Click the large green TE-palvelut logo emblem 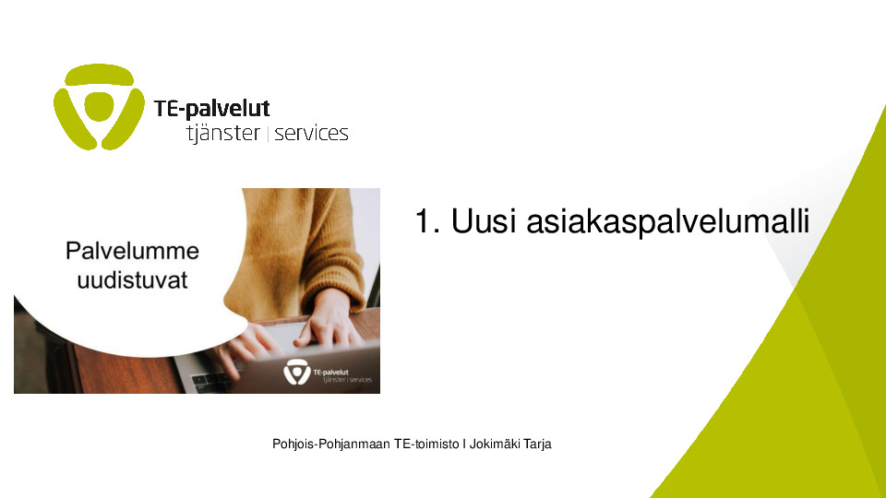point(99,107)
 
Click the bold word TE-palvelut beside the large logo point(212,109)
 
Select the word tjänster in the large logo point(223,133)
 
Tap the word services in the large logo point(311,134)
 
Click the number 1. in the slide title point(427,220)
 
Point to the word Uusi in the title point(484,220)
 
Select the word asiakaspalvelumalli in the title point(668,222)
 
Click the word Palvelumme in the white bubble point(132,251)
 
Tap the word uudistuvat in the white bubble point(132,280)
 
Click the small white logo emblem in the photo point(296,372)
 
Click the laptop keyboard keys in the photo point(210,381)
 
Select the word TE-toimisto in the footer point(426,445)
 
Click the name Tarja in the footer point(537,445)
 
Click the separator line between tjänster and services point(268,135)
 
